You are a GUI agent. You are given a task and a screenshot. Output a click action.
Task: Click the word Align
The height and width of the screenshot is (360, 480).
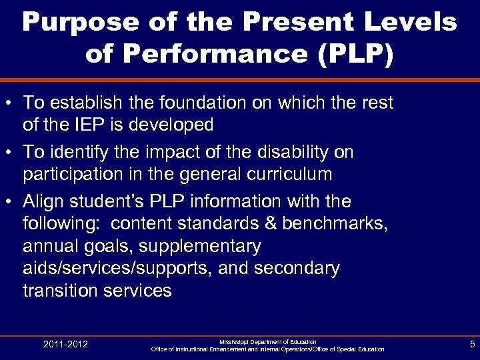(44, 201)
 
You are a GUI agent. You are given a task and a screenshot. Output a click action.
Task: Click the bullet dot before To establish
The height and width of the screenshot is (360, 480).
(9, 104)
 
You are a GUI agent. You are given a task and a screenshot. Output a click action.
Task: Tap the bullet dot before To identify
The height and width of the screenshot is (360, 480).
(9, 153)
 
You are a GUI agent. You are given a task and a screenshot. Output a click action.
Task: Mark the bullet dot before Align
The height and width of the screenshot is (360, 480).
(9, 202)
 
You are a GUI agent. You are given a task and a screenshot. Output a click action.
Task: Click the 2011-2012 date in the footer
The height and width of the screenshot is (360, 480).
(65, 345)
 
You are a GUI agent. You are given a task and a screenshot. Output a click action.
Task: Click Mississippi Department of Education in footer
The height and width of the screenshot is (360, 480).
(267, 341)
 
